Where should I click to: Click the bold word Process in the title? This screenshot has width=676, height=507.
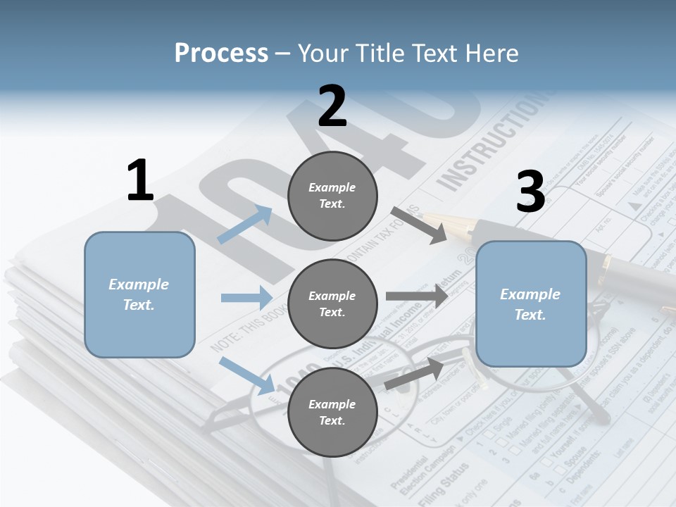(221, 54)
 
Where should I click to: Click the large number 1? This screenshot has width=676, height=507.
(139, 181)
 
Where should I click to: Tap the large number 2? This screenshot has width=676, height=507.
(332, 106)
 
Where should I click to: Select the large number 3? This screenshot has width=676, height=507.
(530, 192)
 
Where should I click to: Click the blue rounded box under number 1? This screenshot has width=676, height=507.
(139, 294)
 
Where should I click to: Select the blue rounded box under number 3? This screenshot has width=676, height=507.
(530, 304)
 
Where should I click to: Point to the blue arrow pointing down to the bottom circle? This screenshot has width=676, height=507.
(247, 375)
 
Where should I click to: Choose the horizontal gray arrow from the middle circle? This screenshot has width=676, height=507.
(416, 296)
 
